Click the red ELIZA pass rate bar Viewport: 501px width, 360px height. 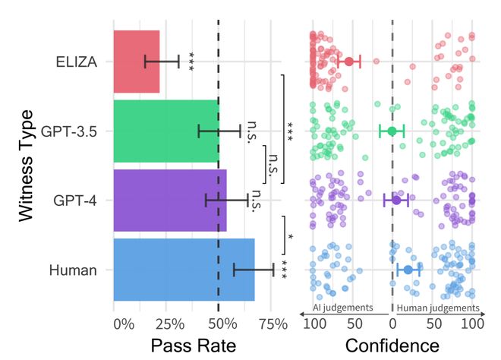click(x=137, y=62)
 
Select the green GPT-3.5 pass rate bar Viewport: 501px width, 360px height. click(x=165, y=131)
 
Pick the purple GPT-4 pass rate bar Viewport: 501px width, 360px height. click(x=169, y=201)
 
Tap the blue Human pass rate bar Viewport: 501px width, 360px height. click(x=184, y=270)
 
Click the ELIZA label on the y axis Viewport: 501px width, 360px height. click(x=76, y=62)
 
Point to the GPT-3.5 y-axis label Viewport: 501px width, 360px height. click(x=68, y=131)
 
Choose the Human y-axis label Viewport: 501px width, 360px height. click(x=73, y=270)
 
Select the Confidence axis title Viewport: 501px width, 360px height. click(x=392, y=346)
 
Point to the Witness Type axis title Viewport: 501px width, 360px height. click(x=27, y=166)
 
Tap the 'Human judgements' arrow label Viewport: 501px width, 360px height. click(x=439, y=308)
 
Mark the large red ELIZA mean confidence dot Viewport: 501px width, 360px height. click(x=349, y=62)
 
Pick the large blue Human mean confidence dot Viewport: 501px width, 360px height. click(x=408, y=270)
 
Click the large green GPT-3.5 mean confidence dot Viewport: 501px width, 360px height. click(x=392, y=131)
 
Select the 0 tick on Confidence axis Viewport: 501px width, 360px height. click(x=392, y=324)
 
